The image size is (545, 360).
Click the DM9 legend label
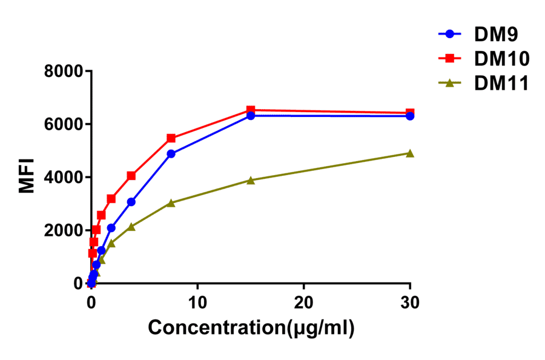(496, 35)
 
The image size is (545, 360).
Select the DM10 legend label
(502, 59)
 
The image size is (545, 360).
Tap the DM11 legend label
(502, 83)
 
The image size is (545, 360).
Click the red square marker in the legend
(450, 59)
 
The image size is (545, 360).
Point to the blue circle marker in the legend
(450, 35)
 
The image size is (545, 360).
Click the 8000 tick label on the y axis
(63, 72)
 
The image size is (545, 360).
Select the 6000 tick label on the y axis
(63, 124)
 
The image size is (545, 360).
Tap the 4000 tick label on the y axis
(63, 178)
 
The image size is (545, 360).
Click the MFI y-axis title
(27, 176)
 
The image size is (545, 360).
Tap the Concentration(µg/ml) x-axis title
(251, 328)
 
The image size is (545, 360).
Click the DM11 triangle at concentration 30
(410, 153)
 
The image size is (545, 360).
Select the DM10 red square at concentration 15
(251, 110)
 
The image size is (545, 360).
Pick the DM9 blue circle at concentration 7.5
(171, 154)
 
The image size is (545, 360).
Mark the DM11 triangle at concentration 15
(251, 180)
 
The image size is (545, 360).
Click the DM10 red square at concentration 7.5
(171, 138)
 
